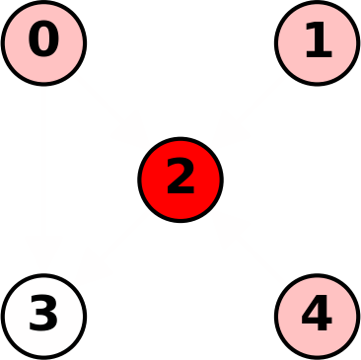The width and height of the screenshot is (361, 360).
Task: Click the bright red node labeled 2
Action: pos(180,180)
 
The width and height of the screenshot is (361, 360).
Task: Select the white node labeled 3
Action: pos(43,316)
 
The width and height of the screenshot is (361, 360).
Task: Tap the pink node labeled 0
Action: pos(43,42)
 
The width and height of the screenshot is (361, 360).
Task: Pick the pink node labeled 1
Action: pos(317,42)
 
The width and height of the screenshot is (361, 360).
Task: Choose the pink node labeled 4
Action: pos(317,316)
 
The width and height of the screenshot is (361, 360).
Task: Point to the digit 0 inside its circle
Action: pos(43,41)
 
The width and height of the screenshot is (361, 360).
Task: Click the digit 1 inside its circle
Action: pos(317,41)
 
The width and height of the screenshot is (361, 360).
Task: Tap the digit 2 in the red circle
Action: pos(180,179)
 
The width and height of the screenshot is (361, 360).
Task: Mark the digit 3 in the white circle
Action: pos(43,315)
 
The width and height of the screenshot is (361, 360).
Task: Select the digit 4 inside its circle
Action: pos(317,315)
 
